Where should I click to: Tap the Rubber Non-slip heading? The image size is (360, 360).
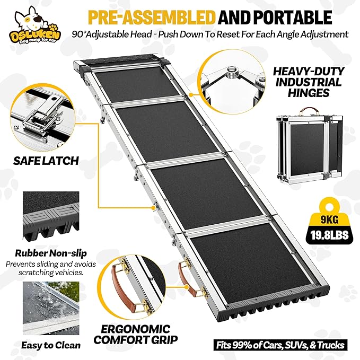pos(50,253)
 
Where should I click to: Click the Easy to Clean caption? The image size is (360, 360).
pos(51,345)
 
